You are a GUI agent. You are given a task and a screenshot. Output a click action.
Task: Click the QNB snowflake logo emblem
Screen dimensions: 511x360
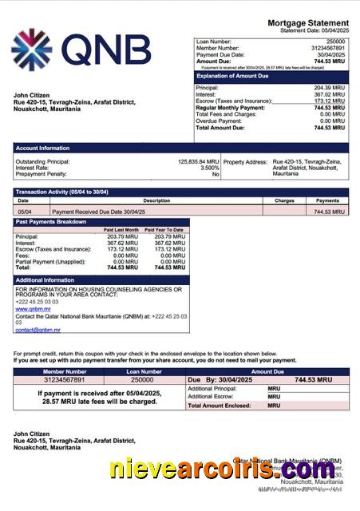coord(31,50)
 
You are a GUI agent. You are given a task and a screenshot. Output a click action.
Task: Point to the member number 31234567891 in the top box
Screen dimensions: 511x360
coord(327,47)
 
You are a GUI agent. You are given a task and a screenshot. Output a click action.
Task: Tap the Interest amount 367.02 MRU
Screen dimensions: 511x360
coord(329,94)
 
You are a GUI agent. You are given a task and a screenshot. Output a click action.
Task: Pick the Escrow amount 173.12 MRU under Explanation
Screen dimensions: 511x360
coord(329,101)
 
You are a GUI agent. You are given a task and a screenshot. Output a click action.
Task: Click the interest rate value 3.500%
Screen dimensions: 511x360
coord(209,168)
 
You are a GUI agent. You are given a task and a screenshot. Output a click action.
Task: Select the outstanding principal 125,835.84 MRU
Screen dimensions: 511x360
coord(198,161)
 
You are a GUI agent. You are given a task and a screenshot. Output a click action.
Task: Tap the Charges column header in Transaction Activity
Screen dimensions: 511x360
coord(285,200)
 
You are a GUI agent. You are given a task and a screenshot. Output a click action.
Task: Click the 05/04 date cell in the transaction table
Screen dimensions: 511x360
coord(25,212)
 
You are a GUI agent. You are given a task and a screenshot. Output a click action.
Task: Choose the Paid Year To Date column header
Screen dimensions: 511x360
coord(164,230)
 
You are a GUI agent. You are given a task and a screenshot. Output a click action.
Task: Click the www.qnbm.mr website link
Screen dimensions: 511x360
coord(27,308)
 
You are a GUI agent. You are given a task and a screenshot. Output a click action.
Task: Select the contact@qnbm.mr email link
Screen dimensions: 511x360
coord(38,329)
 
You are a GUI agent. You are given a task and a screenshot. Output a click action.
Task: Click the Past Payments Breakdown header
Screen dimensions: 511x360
coord(51,221)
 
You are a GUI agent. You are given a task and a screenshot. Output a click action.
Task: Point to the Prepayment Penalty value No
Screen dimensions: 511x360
coord(215,174)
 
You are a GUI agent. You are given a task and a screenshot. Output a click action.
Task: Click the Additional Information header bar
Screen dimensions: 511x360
coord(45,280)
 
